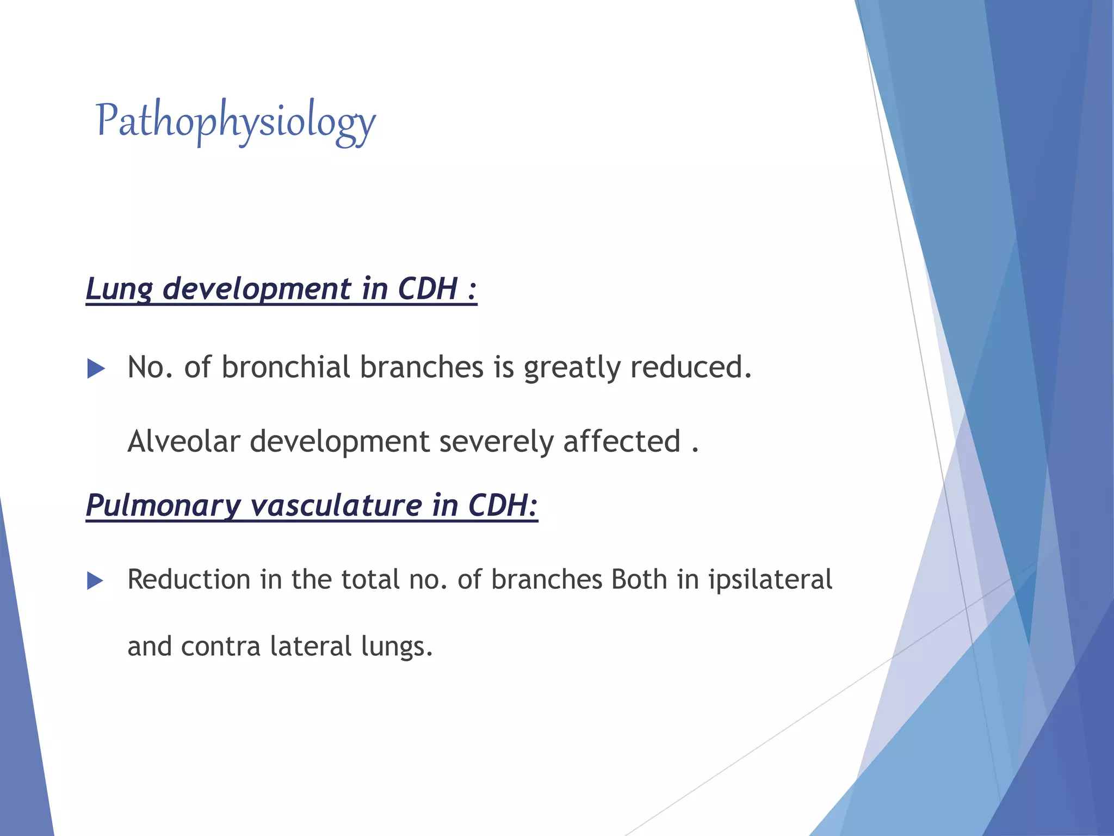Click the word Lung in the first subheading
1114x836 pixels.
(119, 289)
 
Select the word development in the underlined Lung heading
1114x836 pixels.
(257, 289)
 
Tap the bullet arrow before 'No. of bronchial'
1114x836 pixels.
(96, 369)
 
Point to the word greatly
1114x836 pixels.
(572, 368)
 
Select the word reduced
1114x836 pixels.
(691, 367)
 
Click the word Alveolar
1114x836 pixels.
(183, 441)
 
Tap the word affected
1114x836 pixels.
(622, 441)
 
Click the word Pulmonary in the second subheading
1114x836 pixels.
(163, 506)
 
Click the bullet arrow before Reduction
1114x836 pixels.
(96, 581)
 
